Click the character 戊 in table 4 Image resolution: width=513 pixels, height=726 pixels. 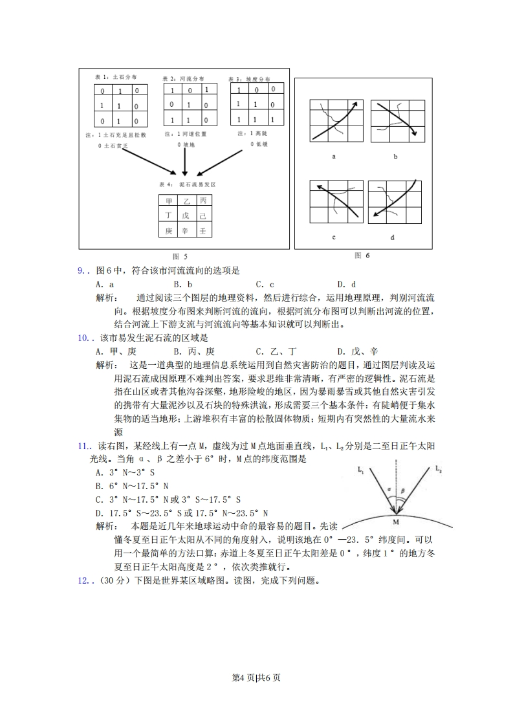[x=186, y=216]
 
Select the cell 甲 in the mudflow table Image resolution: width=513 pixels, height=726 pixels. [x=169, y=201]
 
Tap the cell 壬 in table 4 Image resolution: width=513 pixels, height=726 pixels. [x=202, y=231]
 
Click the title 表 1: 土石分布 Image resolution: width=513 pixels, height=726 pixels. [x=112, y=76]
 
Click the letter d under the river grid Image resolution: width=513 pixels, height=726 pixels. [x=392, y=237]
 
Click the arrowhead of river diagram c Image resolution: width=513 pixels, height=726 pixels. [x=318, y=186]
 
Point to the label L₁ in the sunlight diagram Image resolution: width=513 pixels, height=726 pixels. [x=361, y=471]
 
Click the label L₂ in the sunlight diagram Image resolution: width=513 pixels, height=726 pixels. [x=438, y=467]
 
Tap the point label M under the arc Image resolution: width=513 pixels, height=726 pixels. [x=395, y=520]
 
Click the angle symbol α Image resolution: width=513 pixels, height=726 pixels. [x=389, y=490]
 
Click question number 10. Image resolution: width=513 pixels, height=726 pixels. [x=83, y=338]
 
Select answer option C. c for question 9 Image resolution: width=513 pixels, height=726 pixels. [x=265, y=283]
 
